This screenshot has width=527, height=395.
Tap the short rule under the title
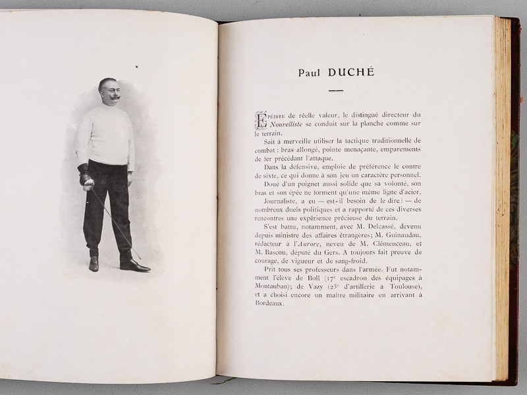tap(336, 90)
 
